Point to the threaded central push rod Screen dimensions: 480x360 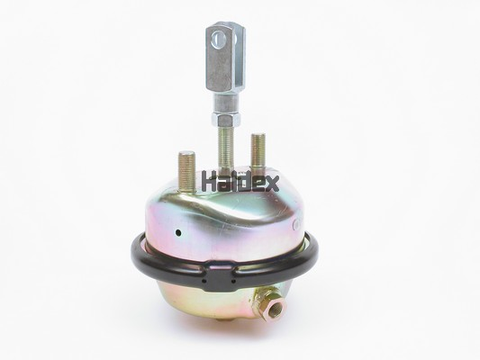coord(225,145)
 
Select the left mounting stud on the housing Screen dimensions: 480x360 coord(186,171)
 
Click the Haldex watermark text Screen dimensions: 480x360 coord(240,181)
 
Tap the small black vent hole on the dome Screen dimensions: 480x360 coord(177,233)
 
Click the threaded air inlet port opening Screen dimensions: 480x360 coord(272,310)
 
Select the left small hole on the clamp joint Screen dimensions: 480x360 coord(206,282)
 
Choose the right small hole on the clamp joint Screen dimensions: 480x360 coord(233,281)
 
